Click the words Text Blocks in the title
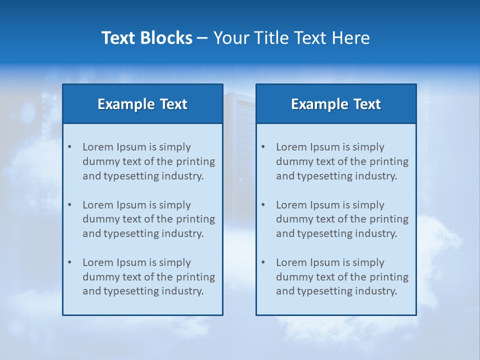(x=147, y=38)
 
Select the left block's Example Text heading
(x=142, y=104)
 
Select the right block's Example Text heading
(x=336, y=104)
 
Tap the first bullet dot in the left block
(x=69, y=147)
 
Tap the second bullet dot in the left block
(x=69, y=205)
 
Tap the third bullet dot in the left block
(x=69, y=262)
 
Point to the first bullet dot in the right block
(x=263, y=147)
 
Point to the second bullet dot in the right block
(x=263, y=205)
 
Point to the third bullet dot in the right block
(x=263, y=262)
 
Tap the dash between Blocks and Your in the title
(x=203, y=38)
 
